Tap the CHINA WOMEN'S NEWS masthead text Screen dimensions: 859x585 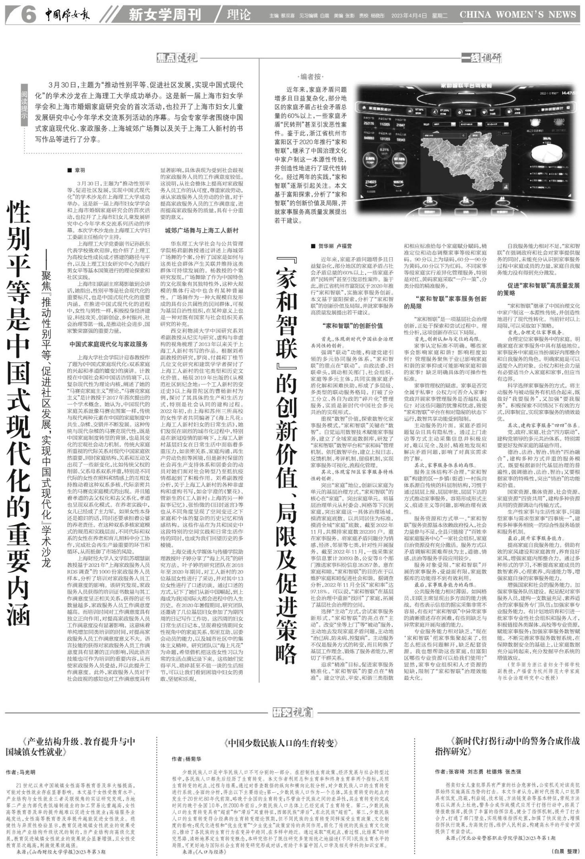click(517, 15)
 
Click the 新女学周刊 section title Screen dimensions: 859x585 click(165, 15)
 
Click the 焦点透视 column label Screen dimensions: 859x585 click(176, 58)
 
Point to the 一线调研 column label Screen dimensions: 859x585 click(481, 58)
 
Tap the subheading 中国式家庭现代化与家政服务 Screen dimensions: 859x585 click(108, 344)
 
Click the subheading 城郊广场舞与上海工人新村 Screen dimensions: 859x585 click(201, 230)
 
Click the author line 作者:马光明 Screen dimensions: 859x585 click(21, 772)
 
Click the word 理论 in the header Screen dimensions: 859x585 click(238, 15)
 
